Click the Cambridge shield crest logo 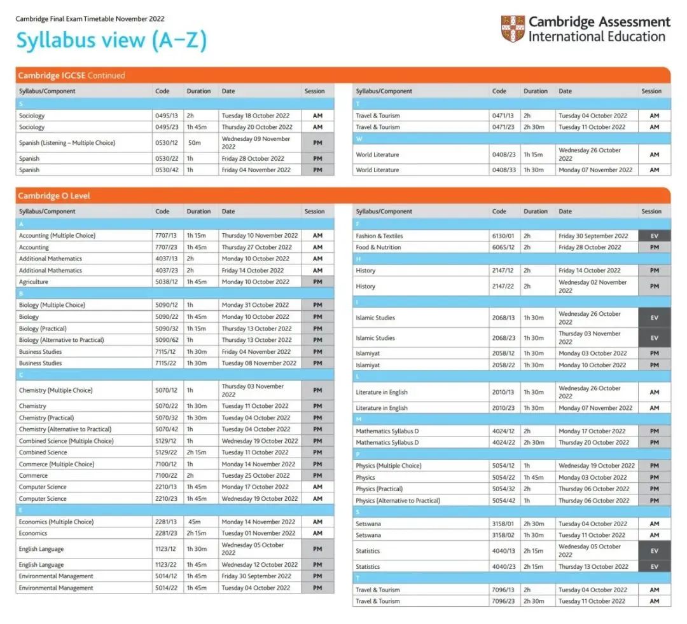[513, 29]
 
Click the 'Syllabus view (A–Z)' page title [111, 41]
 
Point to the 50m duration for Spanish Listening [194, 143]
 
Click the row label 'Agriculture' [33, 281]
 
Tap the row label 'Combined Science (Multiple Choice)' [66, 440]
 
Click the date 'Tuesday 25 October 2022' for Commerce [256, 475]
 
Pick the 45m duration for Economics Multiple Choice [193, 522]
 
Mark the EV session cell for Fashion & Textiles [654, 236]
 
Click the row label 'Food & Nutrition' [378, 247]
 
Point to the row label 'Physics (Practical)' [379, 489]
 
